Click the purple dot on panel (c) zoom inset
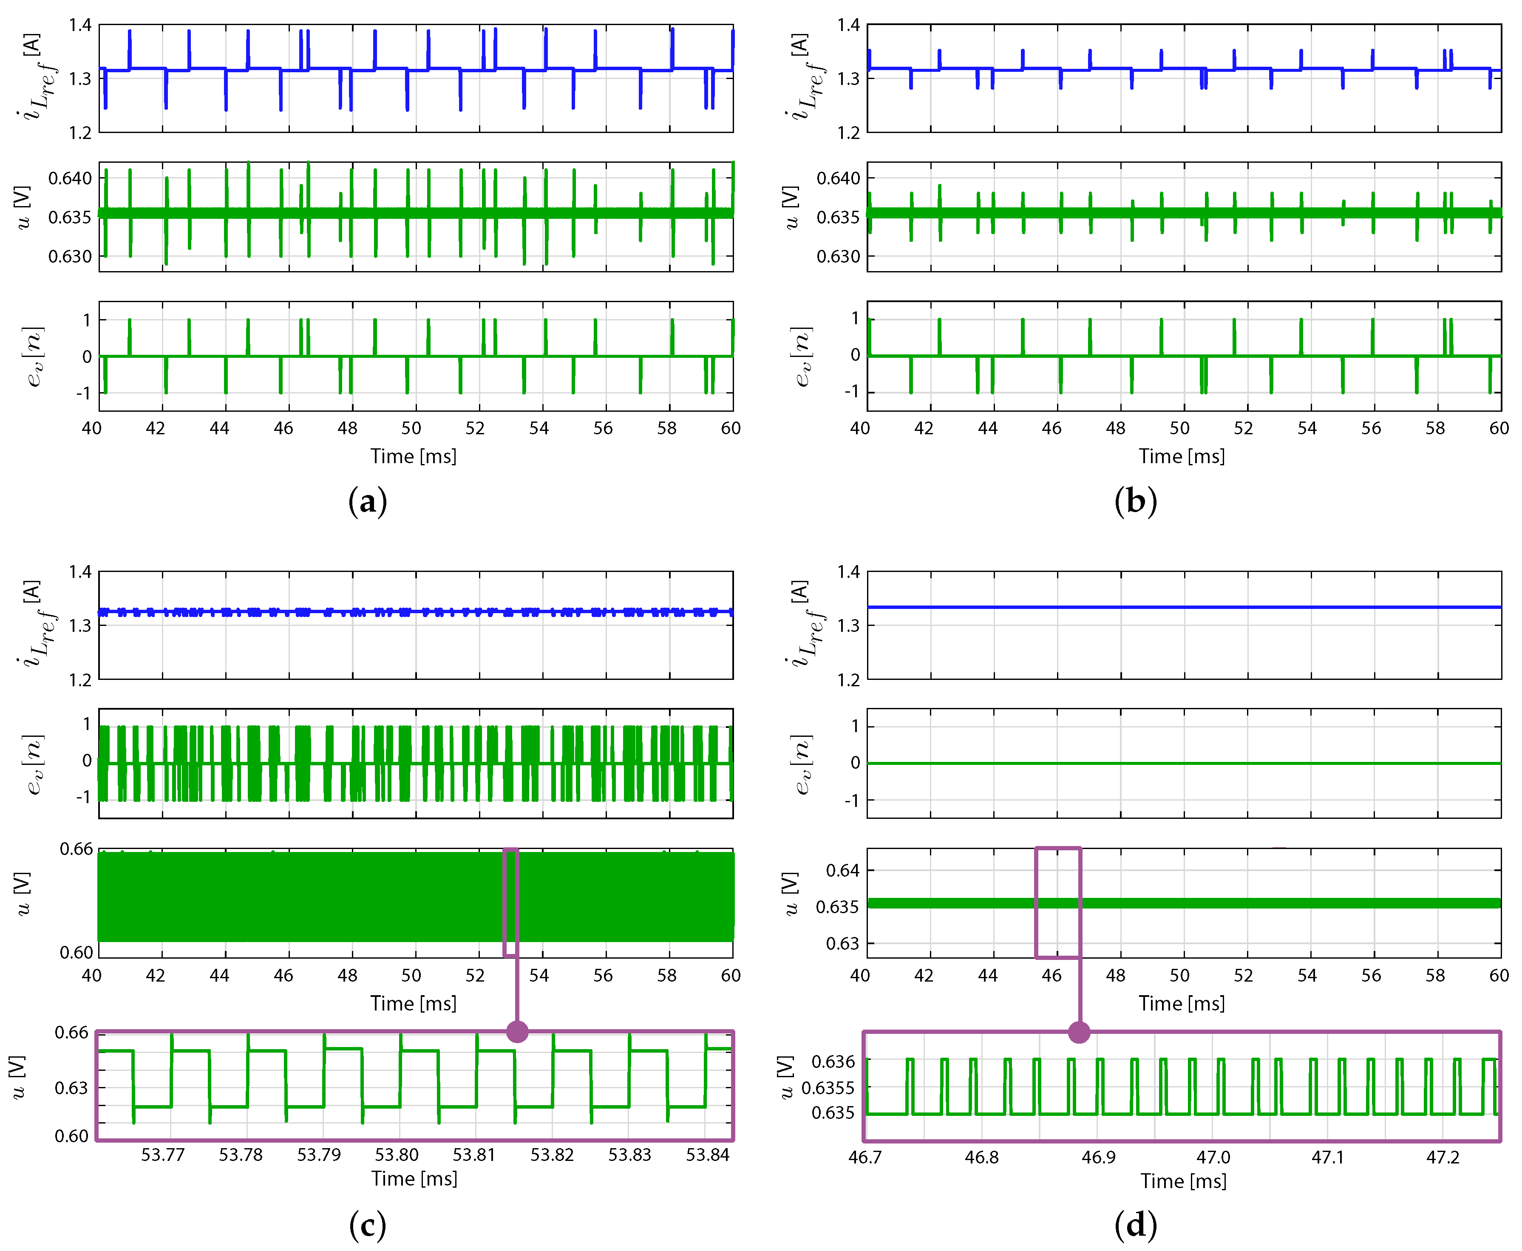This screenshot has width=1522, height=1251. [517, 1031]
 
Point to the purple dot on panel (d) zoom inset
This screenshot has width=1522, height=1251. [1079, 1032]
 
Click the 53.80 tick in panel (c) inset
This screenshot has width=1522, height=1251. [397, 1155]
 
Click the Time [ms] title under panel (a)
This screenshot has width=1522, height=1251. [414, 456]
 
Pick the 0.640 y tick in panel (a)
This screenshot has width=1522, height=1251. [71, 178]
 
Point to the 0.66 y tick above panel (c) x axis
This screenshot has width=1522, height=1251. [77, 849]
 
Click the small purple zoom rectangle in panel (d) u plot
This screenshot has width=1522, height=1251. [1058, 902]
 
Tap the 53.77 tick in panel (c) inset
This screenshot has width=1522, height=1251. [163, 1155]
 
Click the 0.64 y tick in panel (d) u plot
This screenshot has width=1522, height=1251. [842, 871]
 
